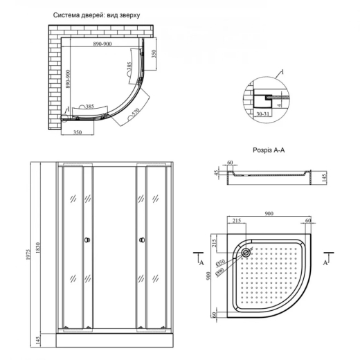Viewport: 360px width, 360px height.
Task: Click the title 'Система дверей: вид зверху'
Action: tap(96, 15)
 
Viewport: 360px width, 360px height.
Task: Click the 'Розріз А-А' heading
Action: tap(269, 150)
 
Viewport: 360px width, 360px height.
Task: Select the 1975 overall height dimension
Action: tap(28, 254)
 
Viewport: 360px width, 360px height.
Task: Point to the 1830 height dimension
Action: tap(38, 248)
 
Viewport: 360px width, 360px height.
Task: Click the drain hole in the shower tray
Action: tap(245, 252)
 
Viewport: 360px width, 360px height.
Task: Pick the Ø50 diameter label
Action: tap(220, 262)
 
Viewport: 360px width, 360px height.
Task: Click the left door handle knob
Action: tap(87, 240)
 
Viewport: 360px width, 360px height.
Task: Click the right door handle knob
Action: tap(142, 240)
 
